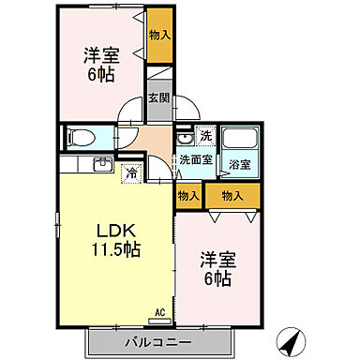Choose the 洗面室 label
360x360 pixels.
click(x=197, y=159)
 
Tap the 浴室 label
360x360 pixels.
click(x=240, y=165)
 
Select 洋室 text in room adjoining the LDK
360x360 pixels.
click(x=215, y=259)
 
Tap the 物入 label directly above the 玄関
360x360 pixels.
click(x=159, y=36)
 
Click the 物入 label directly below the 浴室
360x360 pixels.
click(x=232, y=195)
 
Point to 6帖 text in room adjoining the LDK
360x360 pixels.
click(x=217, y=278)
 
